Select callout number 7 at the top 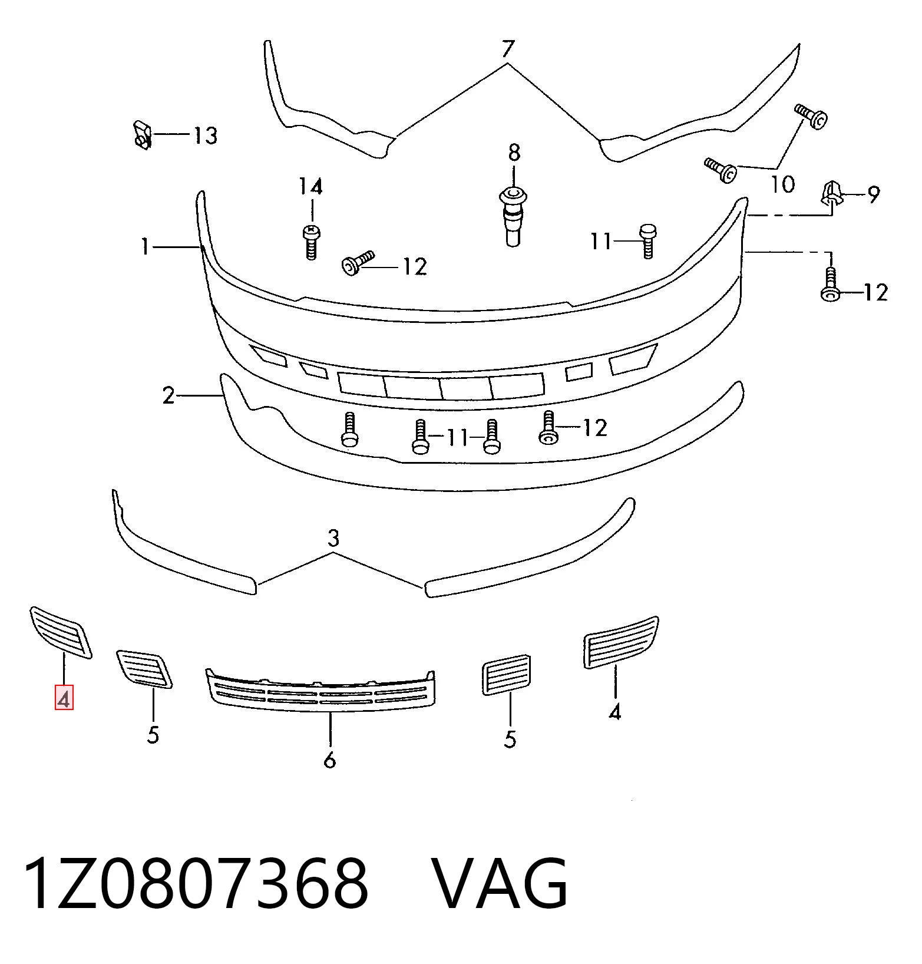point(508,49)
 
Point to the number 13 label point(206,136)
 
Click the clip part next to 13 point(141,135)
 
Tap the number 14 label point(310,187)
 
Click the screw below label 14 point(311,242)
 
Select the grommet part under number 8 point(513,216)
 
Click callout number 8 point(514,153)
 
